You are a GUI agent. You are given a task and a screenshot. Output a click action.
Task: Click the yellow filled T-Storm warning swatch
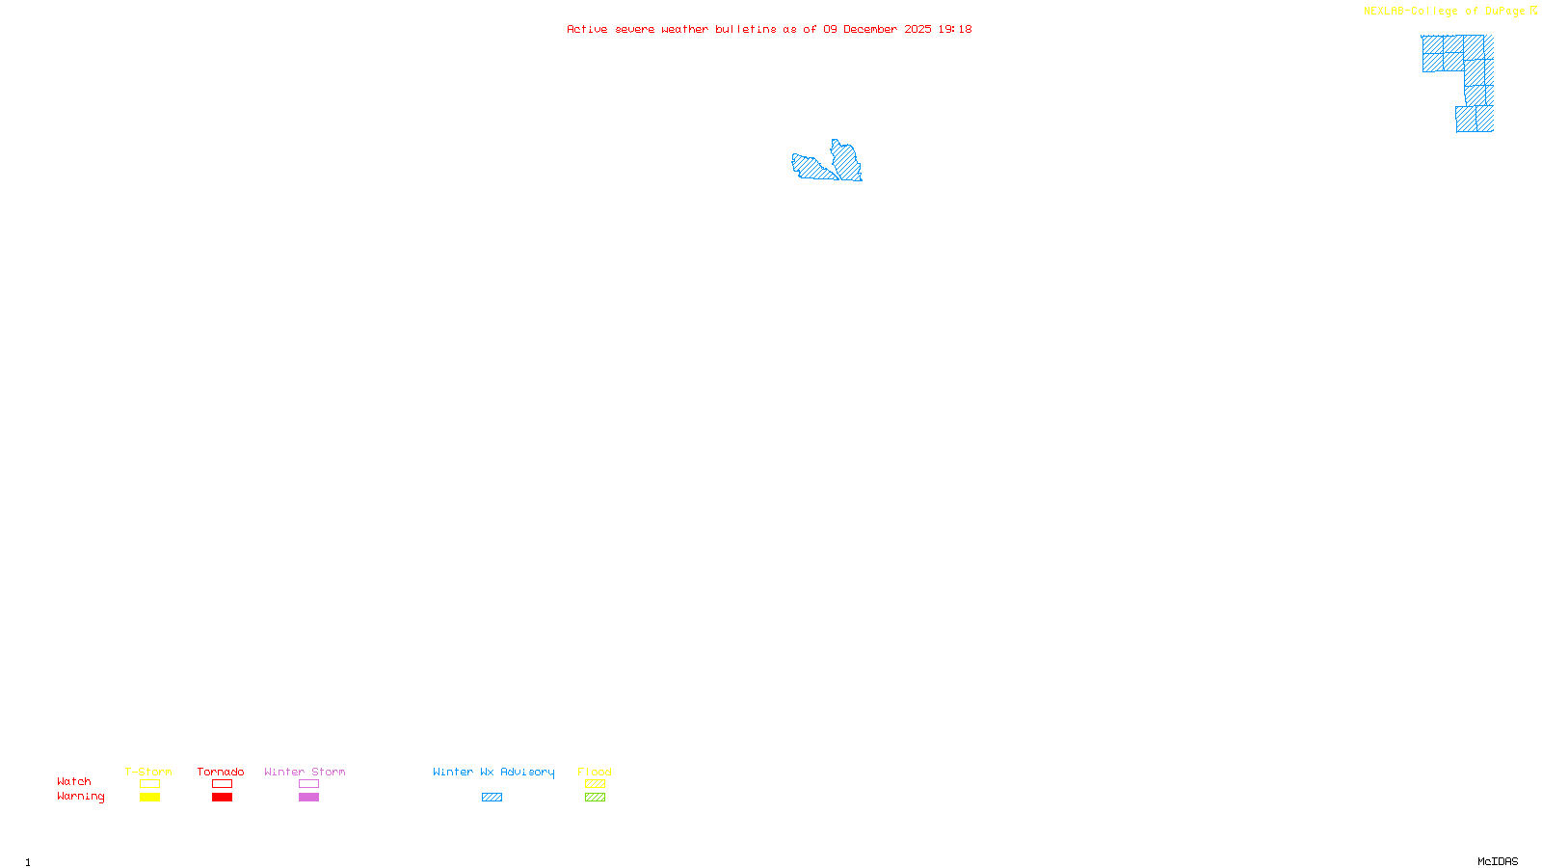pyautogui.click(x=149, y=798)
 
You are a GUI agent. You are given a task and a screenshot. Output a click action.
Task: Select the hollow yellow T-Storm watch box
pyautogui.click(x=149, y=784)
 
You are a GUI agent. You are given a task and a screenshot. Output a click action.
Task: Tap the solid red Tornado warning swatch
pyautogui.click(x=222, y=798)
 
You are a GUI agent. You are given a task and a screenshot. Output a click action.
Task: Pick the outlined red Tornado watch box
pyautogui.click(x=222, y=784)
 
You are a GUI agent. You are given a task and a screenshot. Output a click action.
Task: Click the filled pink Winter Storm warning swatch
pyautogui.click(x=308, y=798)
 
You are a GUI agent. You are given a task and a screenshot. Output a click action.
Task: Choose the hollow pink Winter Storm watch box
pyautogui.click(x=308, y=784)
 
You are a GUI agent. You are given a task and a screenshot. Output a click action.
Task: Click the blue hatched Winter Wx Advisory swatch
pyautogui.click(x=492, y=798)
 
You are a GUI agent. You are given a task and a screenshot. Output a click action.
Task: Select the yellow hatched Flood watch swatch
pyautogui.click(x=595, y=784)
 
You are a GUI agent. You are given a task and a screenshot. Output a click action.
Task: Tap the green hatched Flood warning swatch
pyautogui.click(x=595, y=798)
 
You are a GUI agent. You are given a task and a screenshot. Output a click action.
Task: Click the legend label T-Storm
pyautogui.click(x=148, y=772)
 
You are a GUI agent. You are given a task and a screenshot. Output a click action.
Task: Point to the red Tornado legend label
pyautogui.click(x=221, y=772)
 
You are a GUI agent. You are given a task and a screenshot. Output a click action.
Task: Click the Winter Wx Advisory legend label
pyautogui.click(x=493, y=772)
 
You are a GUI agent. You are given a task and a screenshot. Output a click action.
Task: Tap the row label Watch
pyautogui.click(x=74, y=782)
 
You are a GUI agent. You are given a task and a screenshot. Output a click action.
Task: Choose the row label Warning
pyautogui.click(x=80, y=797)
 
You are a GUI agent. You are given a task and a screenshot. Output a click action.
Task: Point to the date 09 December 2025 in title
pyautogui.click(x=877, y=30)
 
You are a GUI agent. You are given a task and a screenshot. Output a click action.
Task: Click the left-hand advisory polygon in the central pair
pyautogui.click(x=811, y=168)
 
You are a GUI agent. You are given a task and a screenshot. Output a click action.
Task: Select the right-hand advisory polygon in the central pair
pyautogui.click(x=847, y=161)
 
